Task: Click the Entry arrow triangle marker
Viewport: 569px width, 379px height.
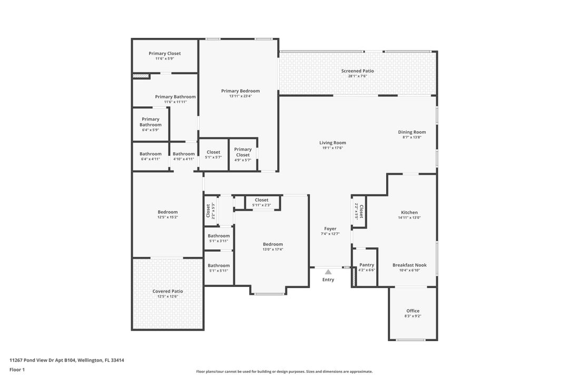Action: click(328, 272)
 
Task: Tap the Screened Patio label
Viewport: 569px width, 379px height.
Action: click(357, 71)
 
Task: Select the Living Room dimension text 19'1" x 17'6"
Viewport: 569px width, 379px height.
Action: click(332, 148)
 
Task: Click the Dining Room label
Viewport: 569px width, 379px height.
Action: click(411, 132)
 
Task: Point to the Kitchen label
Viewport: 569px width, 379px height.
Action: click(409, 212)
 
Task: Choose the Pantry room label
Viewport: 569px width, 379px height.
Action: click(367, 265)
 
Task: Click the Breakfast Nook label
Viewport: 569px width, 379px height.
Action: click(409, 265)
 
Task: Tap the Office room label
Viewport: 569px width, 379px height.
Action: click(413, 311)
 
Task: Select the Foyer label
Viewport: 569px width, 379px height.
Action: click(330, 228)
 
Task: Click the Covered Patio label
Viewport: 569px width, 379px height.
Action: click(168, 291)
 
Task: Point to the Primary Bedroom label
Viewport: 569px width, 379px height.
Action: click(240, 91)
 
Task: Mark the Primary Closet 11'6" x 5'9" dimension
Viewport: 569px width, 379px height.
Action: click(164, 58)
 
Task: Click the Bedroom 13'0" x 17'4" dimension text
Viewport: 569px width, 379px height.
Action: click(273, 250)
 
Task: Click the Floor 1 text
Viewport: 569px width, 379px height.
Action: click(17, 370)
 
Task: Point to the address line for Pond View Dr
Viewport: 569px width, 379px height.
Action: click(66, 360)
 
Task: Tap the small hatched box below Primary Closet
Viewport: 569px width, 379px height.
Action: click(141, 76)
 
